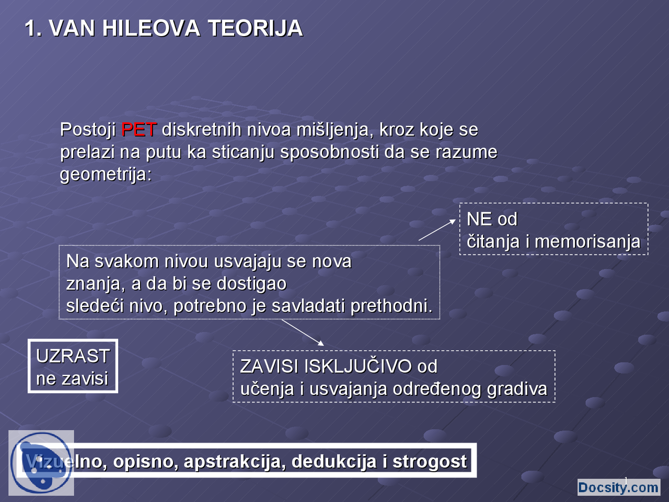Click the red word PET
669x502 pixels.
[139, 129]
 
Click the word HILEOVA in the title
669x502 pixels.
[151, 28]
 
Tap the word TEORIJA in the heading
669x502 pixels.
[255, 28]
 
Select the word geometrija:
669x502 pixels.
[106, 174]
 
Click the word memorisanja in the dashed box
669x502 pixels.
[587, 241]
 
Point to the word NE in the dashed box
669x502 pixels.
[479, 219]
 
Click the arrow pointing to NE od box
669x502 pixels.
[437, 230]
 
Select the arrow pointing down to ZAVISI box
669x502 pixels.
[303, 333]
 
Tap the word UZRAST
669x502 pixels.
[73, 356]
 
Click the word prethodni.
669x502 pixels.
[391, 305]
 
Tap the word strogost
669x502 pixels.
[429, 461]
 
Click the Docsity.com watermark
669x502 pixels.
[618, 487]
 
